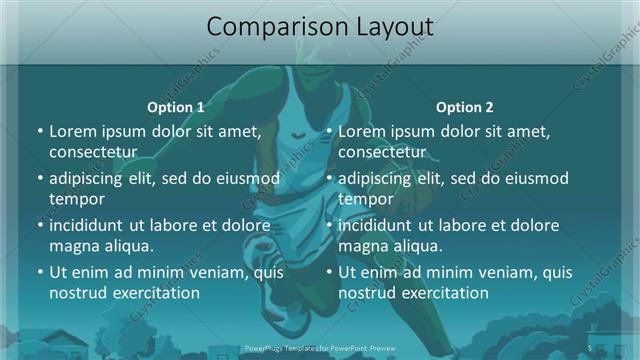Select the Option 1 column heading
(175, 107)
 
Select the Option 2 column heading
(465, 107)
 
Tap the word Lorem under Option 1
(72, 131)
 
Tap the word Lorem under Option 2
(361, 131)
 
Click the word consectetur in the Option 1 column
(93, 151)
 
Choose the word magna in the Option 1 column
(72, 245)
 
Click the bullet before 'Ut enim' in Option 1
(40, 272)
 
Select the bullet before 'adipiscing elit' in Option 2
(329, 178)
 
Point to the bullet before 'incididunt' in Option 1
(40, 225)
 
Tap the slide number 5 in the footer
(591, 348)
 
